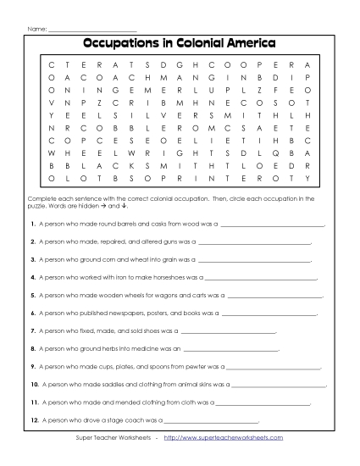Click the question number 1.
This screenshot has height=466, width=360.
click(31, 225)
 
